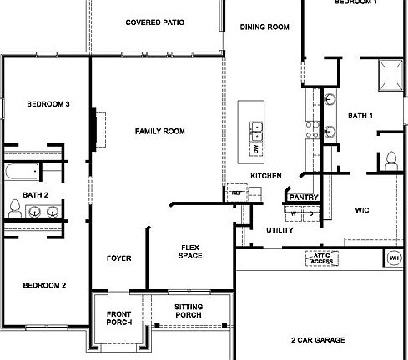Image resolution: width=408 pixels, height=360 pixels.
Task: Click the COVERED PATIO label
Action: coord(154,22)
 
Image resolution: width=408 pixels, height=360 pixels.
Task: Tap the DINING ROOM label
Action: coord(264,27)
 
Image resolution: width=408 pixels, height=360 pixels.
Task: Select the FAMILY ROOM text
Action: coord(159,131)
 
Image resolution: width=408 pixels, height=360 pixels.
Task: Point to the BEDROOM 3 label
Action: coord(48,104)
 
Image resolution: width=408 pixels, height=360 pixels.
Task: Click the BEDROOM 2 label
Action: coord(44,285)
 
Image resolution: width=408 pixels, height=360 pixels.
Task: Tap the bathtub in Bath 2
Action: coord(20,172)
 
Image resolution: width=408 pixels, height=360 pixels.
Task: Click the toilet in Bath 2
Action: coord(14,208)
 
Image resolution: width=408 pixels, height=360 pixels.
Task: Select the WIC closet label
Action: coord(362,210)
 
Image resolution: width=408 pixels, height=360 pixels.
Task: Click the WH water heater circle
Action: coord(393,258)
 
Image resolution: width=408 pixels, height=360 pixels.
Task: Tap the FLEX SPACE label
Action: coord(191,251)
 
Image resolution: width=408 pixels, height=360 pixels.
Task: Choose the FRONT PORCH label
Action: coord(119,318)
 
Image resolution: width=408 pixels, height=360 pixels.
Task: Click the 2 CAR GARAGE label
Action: coord(319,340)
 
